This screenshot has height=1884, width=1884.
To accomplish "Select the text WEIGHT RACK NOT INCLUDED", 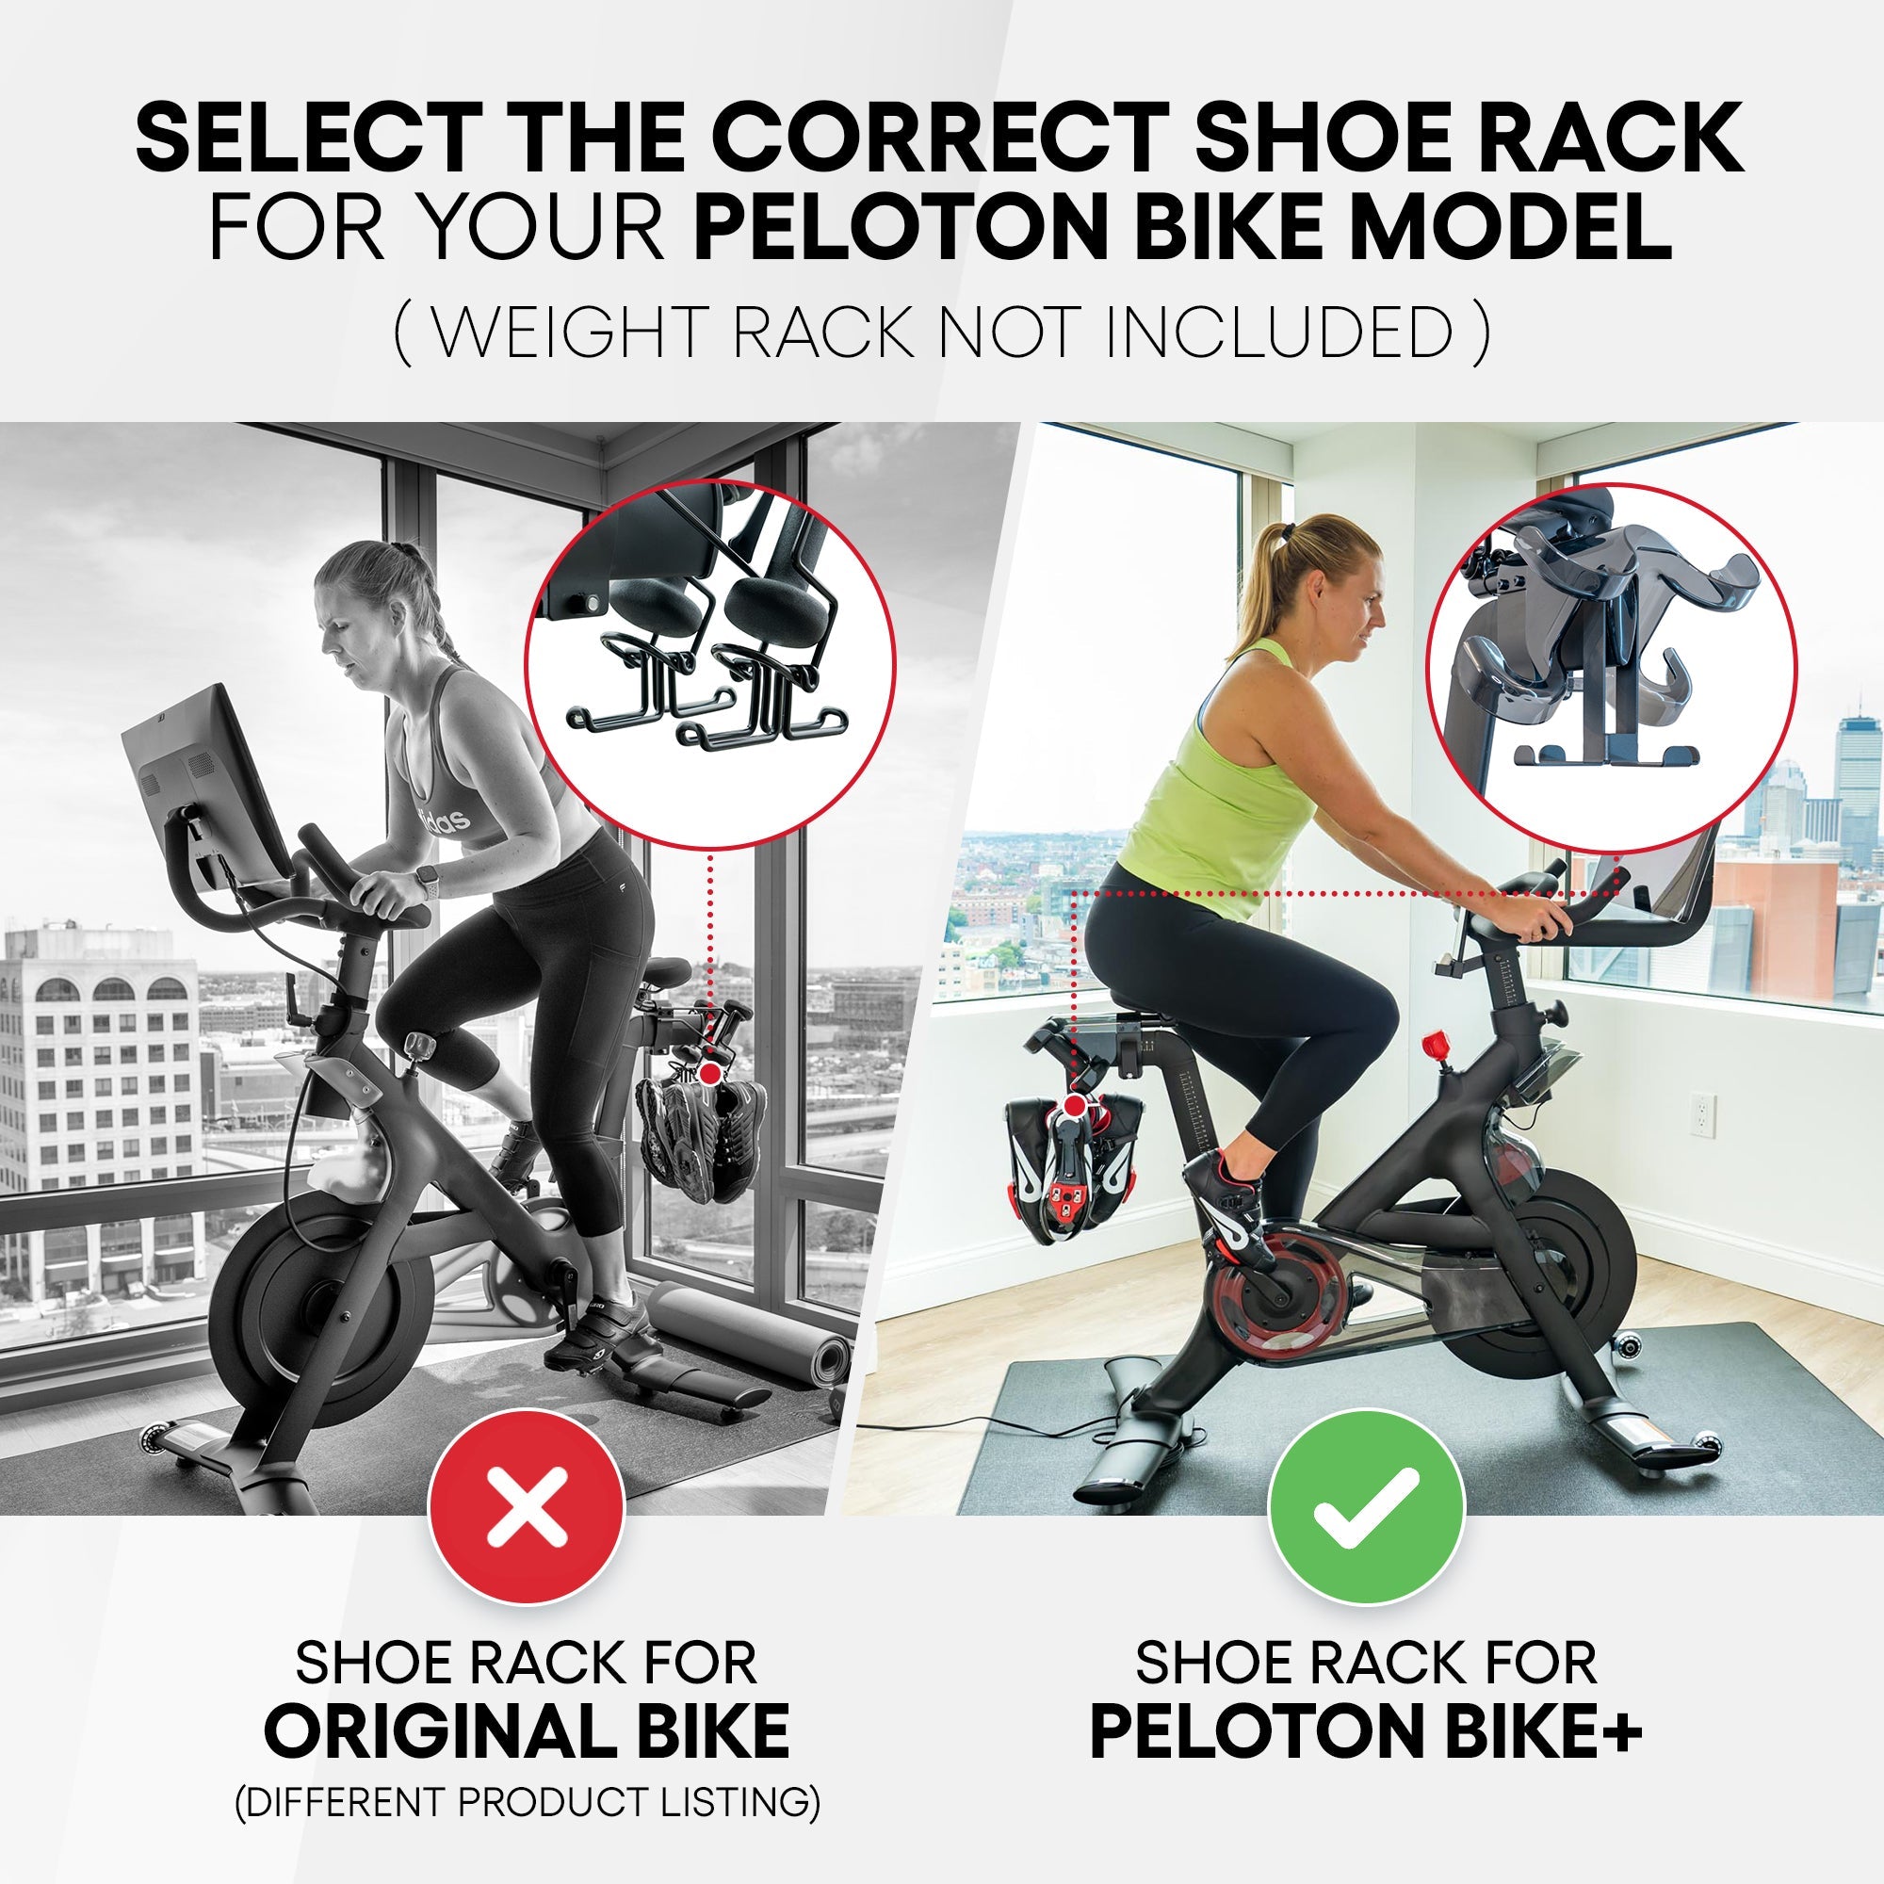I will click(941, 333).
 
